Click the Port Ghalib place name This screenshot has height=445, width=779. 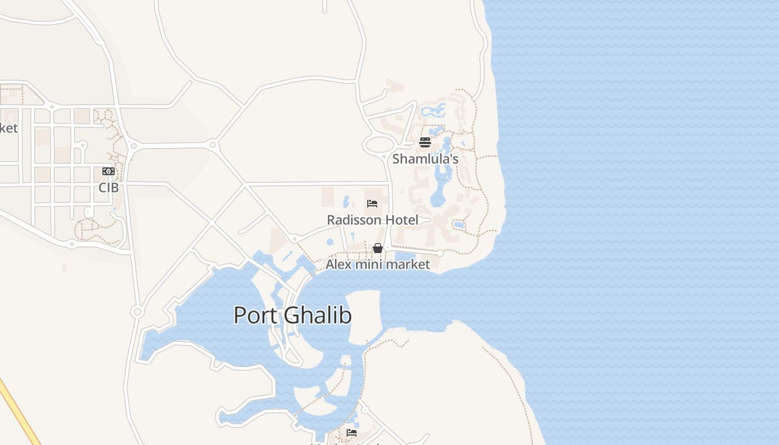[x=293, y=315]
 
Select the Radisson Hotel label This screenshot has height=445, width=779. [x=372, y=220]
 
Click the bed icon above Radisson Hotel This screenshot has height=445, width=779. [x=372, y=204]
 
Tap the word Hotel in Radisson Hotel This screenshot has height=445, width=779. [x=402, y=220]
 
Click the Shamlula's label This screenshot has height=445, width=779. [x=425, y=159]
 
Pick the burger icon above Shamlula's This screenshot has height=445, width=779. [x=425, y=142]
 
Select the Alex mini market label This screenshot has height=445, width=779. [x=378, y=264]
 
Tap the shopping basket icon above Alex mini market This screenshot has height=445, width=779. [x=378, y=248]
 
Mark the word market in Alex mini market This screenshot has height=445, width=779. [x=408, y=264]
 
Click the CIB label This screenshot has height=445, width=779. [x=109, y=187]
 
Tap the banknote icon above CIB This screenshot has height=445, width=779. [x=109, y=171]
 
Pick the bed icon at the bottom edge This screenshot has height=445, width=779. [x=352, y=432]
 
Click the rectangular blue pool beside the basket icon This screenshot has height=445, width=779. [x=405, y=256]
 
